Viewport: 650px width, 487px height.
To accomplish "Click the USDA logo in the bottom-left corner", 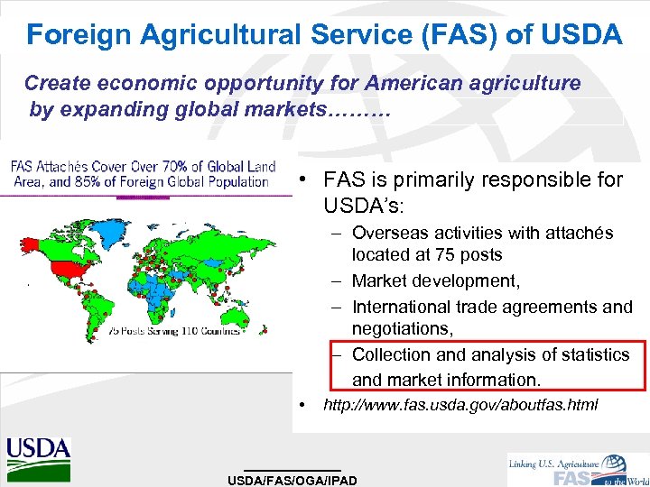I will click(x=39, y=455).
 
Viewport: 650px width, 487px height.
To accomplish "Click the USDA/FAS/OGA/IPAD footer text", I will click(x=292, y=480).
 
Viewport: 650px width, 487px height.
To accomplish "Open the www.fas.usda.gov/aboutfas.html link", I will click(x=460, y=405).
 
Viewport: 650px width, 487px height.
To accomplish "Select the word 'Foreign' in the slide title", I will click(x=71, y=35).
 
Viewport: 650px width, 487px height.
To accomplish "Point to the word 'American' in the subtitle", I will click(x=415, y=84).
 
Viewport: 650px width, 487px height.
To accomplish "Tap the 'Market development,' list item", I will click(x=436, y=281).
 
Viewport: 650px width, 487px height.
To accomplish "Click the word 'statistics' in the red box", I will click(x=583, y=354).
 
